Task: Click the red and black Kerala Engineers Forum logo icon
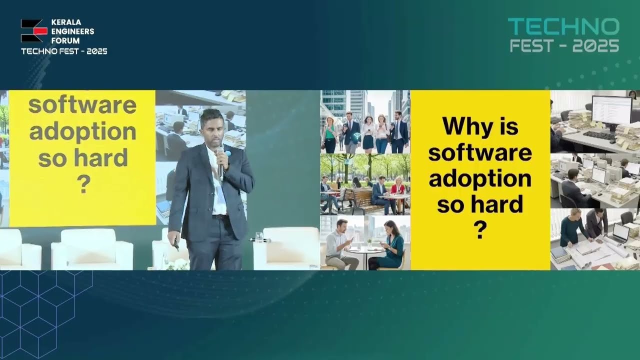[33, 31]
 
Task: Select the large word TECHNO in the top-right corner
[563, 27]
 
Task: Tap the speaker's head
[212, 127]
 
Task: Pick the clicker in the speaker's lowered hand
[176, 244]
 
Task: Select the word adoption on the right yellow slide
[480, 178]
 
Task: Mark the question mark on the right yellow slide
[479, 230]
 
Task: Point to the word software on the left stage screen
[82, 106]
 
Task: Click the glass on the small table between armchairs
[258, 236]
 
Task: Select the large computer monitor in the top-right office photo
[611, 110]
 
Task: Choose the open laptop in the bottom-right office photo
[620, 232]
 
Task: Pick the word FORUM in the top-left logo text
[65, 40]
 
